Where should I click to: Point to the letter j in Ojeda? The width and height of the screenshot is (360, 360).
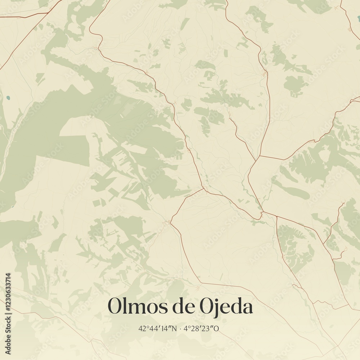[213, 308]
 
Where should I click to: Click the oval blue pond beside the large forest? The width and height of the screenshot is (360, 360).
[8, 98]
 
